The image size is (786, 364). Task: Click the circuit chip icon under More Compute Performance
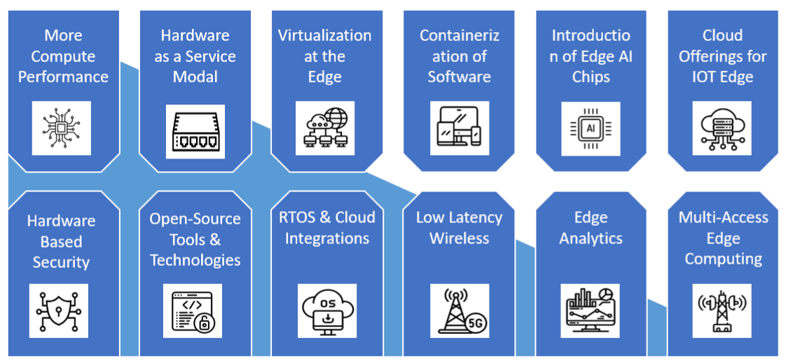pos(62,128)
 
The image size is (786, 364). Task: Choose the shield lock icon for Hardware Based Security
pos(59,311)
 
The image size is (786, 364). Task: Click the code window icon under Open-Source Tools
pos(193,311)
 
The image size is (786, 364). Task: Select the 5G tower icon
pos(460,311)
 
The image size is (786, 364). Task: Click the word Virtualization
pos(324,35)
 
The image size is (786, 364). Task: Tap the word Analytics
pos(591,238)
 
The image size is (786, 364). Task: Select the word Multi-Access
pos(723,217)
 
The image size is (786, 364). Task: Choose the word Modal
pos(195,76)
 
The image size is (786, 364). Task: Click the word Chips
pos(591,76)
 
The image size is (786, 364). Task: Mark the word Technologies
pos(195,260)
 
